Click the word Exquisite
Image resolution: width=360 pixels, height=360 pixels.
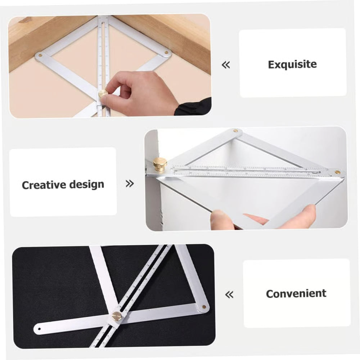292,65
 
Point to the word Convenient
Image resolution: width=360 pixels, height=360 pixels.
296,294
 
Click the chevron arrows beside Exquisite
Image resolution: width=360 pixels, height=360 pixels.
226,65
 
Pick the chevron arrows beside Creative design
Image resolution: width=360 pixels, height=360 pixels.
130,184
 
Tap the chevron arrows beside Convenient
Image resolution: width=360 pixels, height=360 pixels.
229,295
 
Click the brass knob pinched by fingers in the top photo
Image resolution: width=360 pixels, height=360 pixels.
103,94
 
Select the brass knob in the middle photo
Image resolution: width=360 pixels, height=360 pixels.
159,163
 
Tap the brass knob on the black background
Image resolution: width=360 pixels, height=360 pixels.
116,316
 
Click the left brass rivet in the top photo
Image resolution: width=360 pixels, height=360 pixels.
40,56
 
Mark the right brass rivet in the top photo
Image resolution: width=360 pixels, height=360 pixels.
166,53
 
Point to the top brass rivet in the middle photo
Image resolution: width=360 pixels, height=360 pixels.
235,131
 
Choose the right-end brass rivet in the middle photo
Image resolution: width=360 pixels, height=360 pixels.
337,172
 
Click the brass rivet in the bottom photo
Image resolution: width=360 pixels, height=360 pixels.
204,307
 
